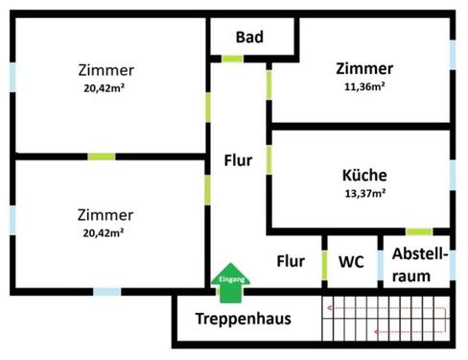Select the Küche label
click(x=364, y=176)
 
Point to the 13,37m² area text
click(x=364, y=193)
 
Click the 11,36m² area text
click(x=364, y=86)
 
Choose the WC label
click(x=350, y=261)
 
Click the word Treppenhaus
click(x=243, y=319)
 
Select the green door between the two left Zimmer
click(x=102, y=156)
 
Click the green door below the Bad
click(x=233, y=60)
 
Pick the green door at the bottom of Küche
click(x=419, y=231)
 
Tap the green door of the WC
click(x=325, y=264)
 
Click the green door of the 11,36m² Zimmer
click(x=269, y=84)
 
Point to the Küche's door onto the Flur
click(x=269, y=158)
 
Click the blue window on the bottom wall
click(x=106, y=291)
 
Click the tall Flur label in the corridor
click(x=238, y=160)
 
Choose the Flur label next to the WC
click(x=291, y=260)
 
